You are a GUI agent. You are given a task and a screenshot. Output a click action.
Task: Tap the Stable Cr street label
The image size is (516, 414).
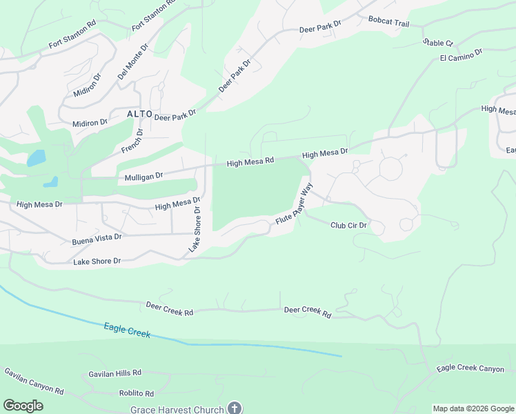(x=439, y=43)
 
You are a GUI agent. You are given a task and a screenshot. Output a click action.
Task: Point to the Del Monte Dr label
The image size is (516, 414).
(x=133, y=63)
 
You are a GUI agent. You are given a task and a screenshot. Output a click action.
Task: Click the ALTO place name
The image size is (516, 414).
(x=139, y=113)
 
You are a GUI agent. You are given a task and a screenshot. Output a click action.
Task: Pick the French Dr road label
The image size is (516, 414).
(x=132, y=141)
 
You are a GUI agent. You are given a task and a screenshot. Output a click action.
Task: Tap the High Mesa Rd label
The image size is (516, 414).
(x=250, y=161)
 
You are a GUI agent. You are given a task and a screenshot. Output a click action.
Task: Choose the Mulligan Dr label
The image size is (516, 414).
(x=143, y=177)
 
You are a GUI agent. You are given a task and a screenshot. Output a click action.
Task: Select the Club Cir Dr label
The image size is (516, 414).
(x=348, y=225)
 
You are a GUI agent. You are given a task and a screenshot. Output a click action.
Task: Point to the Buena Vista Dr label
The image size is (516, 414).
(x=97, y=239)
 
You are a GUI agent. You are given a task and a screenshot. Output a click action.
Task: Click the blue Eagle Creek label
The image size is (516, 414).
(x=127, y=330)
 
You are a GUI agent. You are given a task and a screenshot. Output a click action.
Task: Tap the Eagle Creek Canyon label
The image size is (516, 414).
(x=470, y=368)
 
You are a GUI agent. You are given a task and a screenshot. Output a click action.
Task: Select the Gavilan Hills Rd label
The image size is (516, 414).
(x=115, y=373)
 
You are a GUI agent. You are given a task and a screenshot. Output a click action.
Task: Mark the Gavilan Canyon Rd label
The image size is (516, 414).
(x=34, y=381)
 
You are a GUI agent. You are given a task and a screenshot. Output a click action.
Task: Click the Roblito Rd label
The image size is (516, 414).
(x=136, y=393)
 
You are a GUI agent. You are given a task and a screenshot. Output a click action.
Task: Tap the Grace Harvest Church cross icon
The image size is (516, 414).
(x=235, y=408)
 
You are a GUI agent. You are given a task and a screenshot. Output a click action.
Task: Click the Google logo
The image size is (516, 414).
(x=23, y=406)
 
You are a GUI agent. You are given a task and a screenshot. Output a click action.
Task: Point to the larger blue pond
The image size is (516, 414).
(x=36, y=158)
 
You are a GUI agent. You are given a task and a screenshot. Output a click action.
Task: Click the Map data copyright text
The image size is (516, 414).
(x=473, y=408)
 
